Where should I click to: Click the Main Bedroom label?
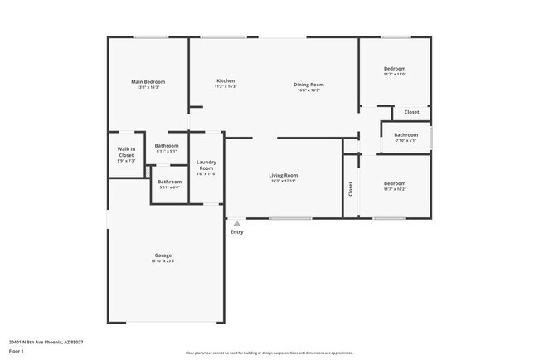tap(148, 81)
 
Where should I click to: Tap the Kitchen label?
tap(226, 80)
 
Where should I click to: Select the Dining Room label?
tap(308, 85)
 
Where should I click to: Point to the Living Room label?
tap(283, 175)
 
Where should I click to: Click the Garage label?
tap(163, 255)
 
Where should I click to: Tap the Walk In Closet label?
tap(126, 152)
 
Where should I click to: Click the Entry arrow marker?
tap(237, 223)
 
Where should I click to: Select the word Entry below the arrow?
tap(237, 232)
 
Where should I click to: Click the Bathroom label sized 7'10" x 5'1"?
tap(405, 134)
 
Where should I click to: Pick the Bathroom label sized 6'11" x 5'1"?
tap(166, 146)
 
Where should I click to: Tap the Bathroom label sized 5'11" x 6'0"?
tap(169, 182)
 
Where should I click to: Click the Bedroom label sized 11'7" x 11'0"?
tap(395, 68)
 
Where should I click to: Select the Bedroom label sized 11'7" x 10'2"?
tap(395, 183)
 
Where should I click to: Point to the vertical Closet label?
tap(351, 189)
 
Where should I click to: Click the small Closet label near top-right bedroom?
tap(411, 112)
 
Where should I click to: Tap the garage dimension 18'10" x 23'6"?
tap(163, 262)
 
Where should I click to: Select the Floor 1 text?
tap(17, 352)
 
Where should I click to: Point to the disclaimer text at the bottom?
tap(270, 352)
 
